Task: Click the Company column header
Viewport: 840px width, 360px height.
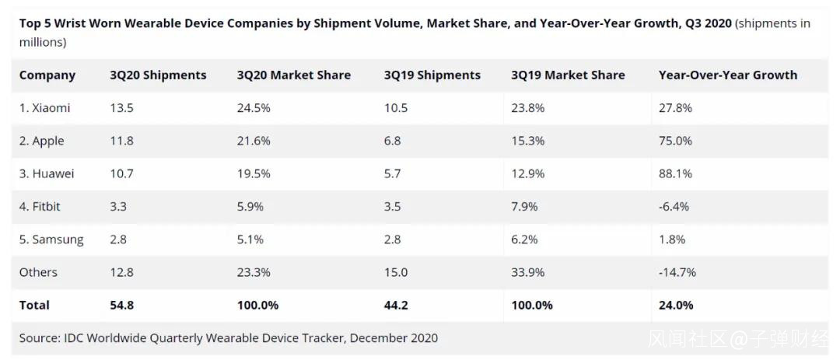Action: pos(47,75)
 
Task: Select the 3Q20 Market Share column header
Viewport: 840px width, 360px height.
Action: pos(293,75)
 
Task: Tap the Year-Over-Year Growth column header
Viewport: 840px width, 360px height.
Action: pos(727,75)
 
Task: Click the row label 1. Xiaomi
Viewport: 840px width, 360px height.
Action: pos(45,108)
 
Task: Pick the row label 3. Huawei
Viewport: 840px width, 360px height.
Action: pos(47,174)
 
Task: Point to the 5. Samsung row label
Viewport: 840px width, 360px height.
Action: pos(51,239)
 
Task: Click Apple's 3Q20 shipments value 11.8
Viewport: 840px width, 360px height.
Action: pos(121,141)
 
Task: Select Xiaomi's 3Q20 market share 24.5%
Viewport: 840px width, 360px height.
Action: pos(254,108)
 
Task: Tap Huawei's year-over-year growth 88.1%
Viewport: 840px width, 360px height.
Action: pos(675,174)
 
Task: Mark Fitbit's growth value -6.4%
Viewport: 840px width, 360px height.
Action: pos(674,207)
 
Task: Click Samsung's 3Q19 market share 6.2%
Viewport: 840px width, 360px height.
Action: pos(524,239)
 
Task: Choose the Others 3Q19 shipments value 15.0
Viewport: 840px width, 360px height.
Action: pos(396,272)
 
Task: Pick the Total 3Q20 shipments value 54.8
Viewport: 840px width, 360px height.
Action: pos(122,306)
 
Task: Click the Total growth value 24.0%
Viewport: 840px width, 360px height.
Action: pos(676,306)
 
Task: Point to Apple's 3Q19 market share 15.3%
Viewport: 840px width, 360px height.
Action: pos(527,141)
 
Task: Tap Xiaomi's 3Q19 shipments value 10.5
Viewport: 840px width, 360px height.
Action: pos(396,108)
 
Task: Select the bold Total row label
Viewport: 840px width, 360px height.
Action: pos(34,306)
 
